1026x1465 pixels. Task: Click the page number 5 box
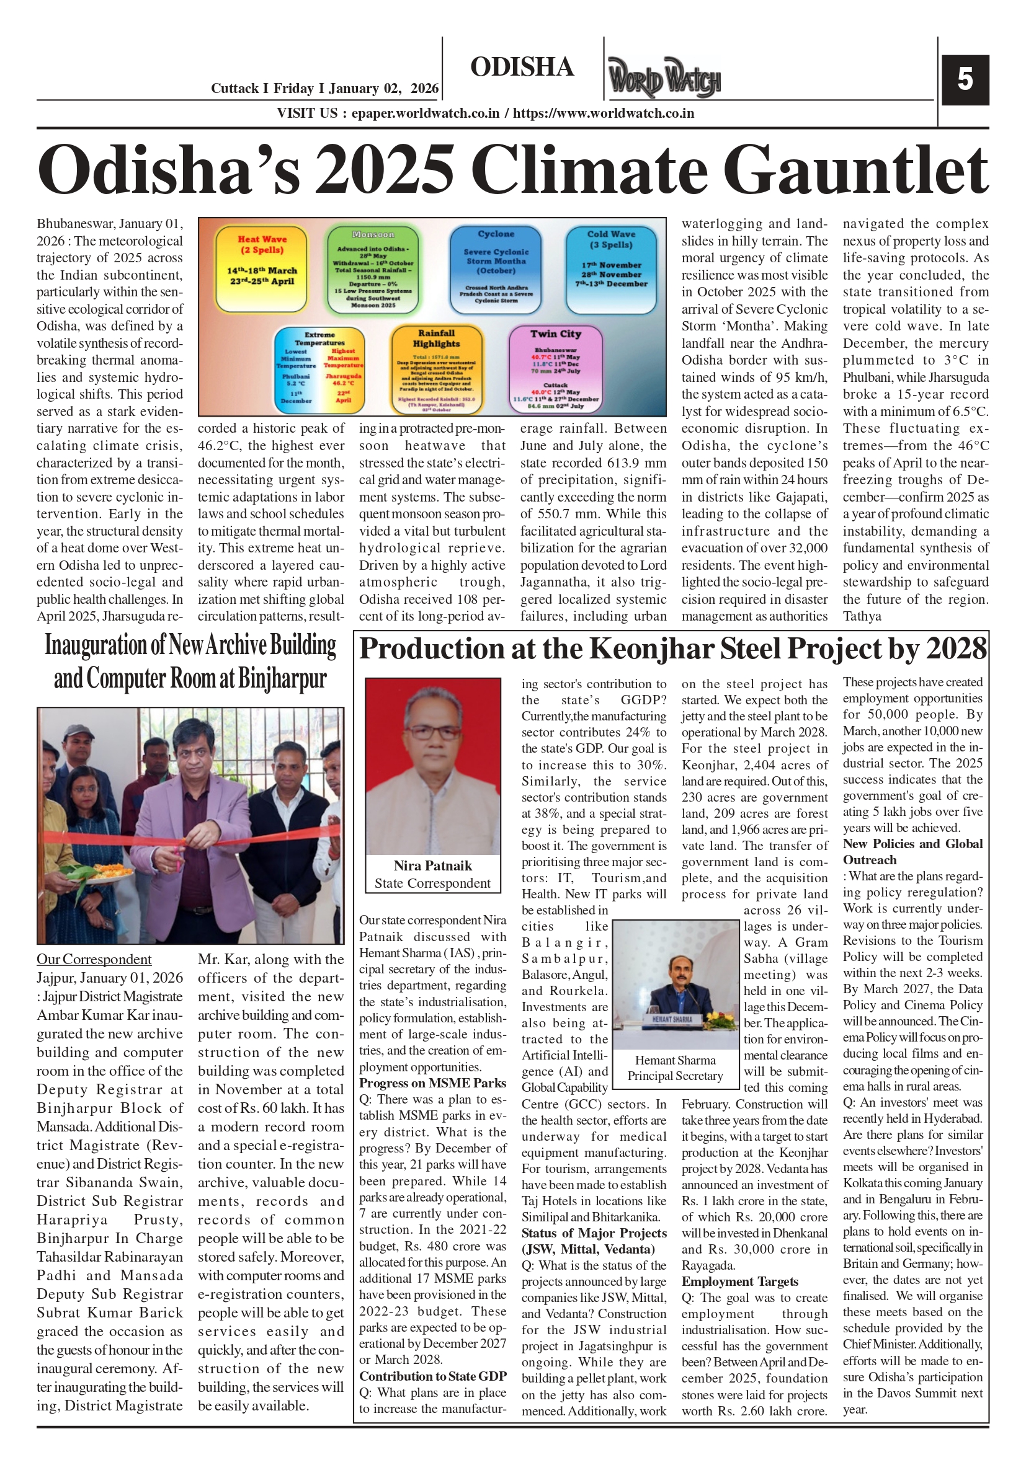pyautogui.click(x=965, y=80)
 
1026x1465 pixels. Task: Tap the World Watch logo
pyautogui.click(x=663, y=77)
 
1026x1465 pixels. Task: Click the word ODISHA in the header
pyautogui.click(x=522, y=67)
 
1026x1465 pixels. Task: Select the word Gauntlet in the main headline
pyautogui.click(x=855, y=170)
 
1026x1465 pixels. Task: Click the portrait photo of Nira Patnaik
pyautogui.click(x=432, y=766)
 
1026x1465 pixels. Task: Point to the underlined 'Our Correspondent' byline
pyautogui.click(x=94, y=960)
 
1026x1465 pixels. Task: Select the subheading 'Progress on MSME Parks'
pyautogui.click(x=432, y=1084)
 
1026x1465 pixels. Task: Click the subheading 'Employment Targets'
pyautogui.click(x=739, y=1282)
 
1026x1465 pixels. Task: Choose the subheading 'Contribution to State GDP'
pyautogui.click(x=432, y=1376)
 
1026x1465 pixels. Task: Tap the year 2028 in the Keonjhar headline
pyautogui.click(x=955, y=649)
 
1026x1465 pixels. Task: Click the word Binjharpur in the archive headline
pyautogui.click(x=282, y=679)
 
